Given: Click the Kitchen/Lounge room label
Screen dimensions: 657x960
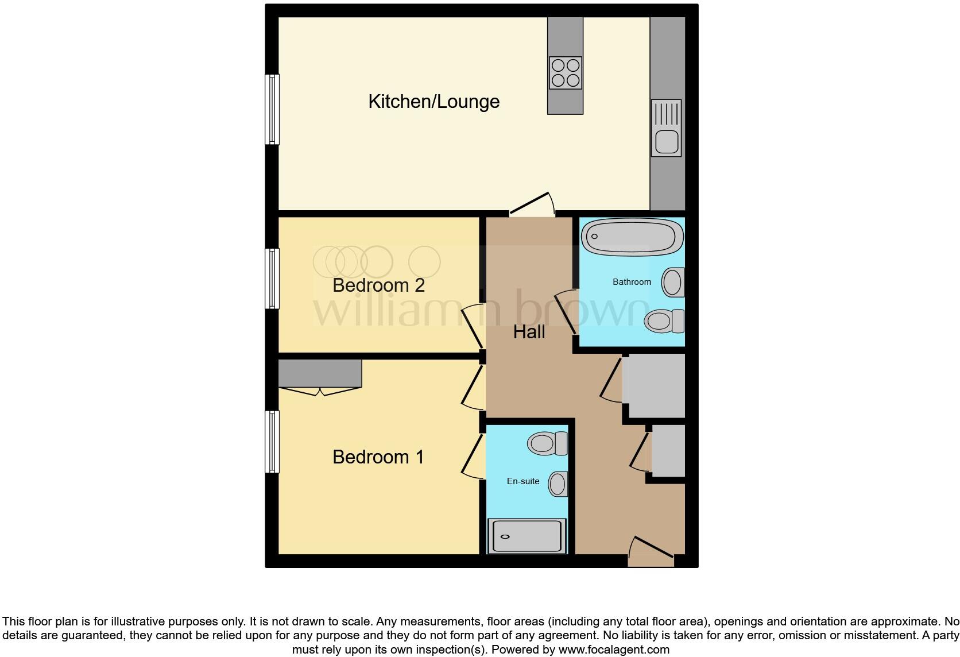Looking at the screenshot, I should (433, 102).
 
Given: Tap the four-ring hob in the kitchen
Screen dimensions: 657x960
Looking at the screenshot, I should (565, 73).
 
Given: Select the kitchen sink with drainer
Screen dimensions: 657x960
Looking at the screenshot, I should (666, 128).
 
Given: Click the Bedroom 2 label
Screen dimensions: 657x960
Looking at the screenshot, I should (378, 285).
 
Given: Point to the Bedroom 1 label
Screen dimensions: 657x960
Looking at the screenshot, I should (378, 457).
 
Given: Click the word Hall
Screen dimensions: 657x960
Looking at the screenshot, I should (529, 332).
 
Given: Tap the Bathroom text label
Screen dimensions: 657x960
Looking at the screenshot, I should (632, 282).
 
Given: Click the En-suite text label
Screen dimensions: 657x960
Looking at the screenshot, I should (523, 481).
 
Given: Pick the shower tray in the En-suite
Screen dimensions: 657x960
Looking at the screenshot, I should (527, 536).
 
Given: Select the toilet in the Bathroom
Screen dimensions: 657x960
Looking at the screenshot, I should (664, 320).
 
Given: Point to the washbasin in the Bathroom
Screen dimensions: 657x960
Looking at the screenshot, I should (673, 282).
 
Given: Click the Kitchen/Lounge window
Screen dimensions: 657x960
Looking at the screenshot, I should (272, 109).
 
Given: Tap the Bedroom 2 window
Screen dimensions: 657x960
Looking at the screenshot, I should (272, 278).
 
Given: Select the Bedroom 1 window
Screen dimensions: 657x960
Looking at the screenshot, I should (272, 441).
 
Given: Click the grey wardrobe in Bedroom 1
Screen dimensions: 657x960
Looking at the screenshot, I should (320, 373).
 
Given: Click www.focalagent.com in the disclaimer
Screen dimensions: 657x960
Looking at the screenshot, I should (614, 650).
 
